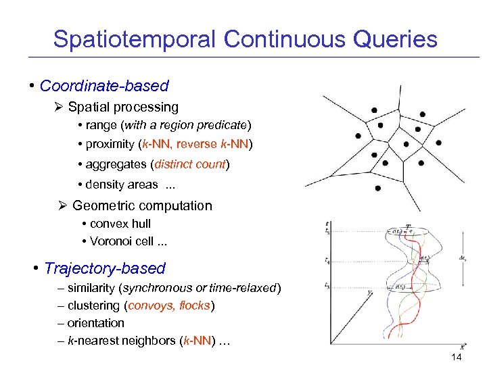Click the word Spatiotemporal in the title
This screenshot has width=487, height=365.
(135, 39)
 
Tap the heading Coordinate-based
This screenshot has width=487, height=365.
(104, 86)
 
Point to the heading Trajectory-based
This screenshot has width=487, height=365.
(104, 268)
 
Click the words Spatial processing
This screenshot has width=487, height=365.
(123, 107)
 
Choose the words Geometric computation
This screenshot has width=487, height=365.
(142, 206)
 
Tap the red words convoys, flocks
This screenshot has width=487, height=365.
(169, 306)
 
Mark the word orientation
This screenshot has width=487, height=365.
(96, 323)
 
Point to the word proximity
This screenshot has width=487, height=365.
(110, 145)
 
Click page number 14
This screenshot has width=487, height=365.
(456, 356)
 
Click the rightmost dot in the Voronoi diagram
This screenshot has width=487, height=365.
(439, 143)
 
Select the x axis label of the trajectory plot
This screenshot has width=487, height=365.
(462, 347)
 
